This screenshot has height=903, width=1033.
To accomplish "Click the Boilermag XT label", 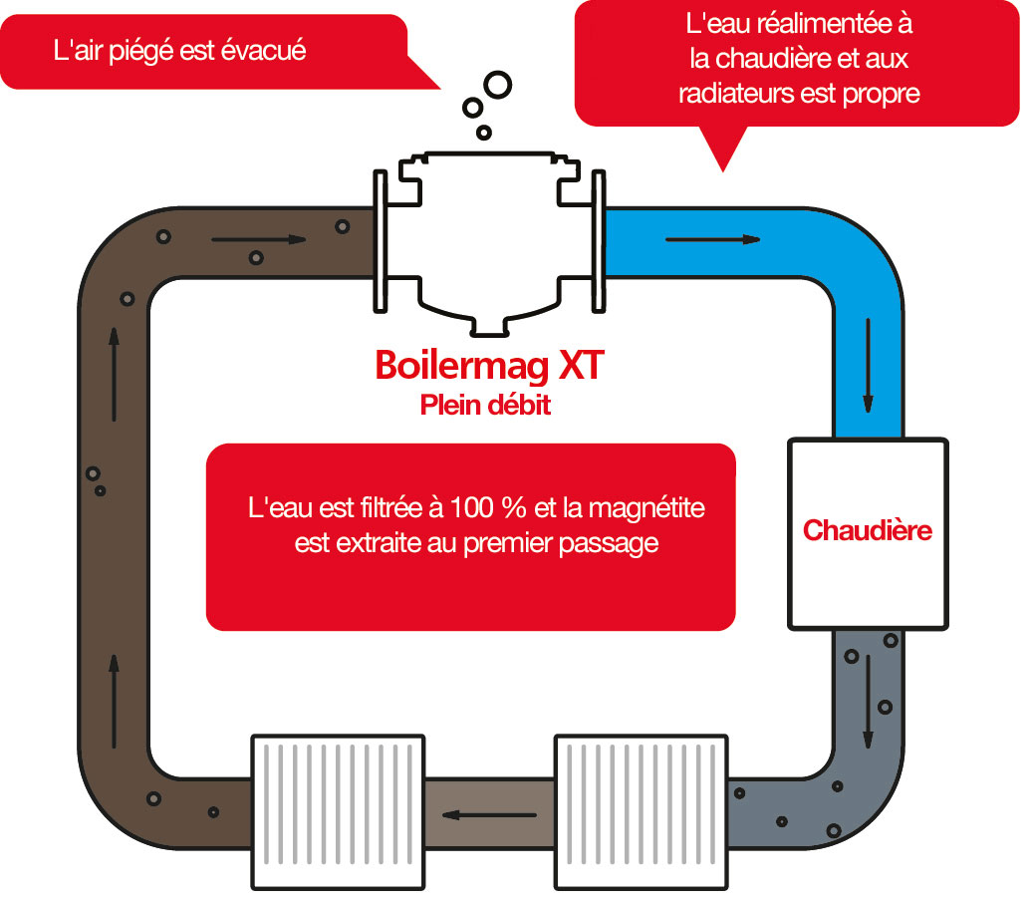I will tap(488, 365).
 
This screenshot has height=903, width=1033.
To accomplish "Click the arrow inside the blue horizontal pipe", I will tap(712, 239).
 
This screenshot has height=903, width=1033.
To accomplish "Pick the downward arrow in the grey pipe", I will tap(868, 702).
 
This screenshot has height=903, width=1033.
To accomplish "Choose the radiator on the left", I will tap(338, 811).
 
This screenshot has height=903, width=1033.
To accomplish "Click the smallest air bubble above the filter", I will tap(484, 132).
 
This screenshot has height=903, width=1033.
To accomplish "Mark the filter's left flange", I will tap(381, 240).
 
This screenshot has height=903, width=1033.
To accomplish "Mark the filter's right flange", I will tap(598, 240).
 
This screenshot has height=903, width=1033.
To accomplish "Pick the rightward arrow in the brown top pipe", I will tap(258, 239).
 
